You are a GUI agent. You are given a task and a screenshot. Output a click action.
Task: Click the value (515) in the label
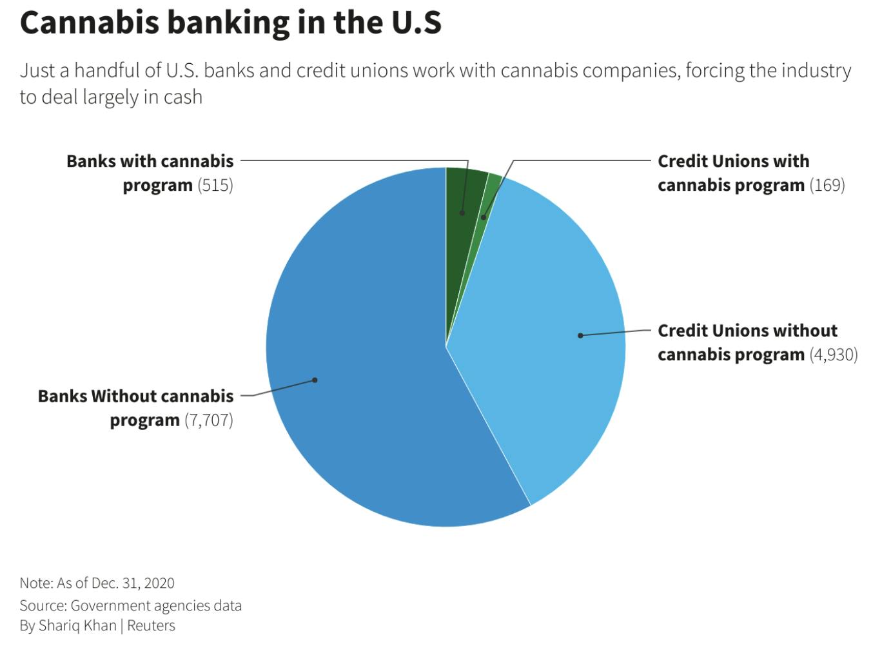215,186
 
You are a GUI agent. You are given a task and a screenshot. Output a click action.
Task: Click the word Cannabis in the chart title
89,23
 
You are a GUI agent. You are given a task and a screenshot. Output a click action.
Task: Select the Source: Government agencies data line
130,606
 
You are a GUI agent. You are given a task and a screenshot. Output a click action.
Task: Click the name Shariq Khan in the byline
77,626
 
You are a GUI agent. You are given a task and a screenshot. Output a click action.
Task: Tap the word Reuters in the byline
151,626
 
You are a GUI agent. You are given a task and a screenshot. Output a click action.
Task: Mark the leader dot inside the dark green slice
462,213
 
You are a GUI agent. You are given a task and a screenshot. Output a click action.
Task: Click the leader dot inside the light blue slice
580,335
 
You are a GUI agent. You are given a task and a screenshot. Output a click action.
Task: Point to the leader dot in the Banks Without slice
315,380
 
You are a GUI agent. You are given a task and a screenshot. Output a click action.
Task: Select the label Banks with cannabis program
150,173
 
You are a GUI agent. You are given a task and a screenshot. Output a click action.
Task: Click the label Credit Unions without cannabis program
748,342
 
